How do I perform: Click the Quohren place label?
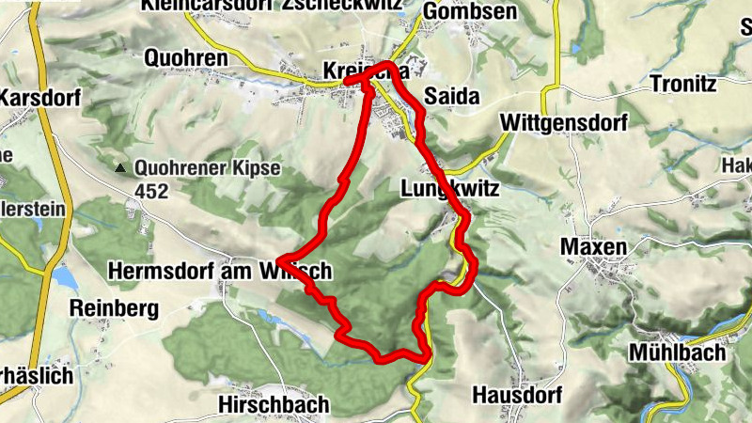[186, 58]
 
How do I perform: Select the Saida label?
[452, 96]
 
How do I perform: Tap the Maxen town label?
[593, 246]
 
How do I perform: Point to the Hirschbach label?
[274, 404]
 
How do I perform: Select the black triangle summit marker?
[119, 170]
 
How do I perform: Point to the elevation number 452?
[150, 192]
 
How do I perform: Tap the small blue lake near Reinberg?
[63, 277]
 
